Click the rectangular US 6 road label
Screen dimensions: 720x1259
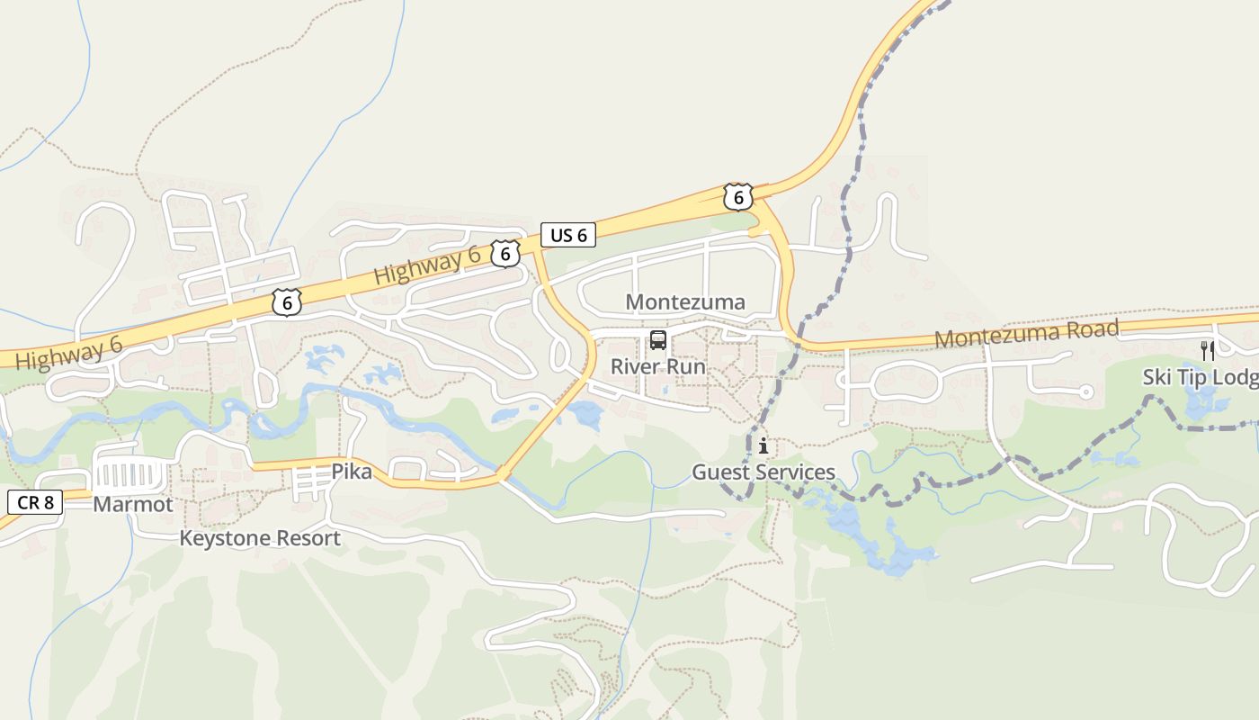pos(568,236)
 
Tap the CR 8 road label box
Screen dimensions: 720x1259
pos(35,502)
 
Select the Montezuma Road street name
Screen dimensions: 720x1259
pos(1027,334)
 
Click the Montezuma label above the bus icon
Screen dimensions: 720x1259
pos(685,302)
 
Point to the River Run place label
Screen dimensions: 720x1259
pos(658,367)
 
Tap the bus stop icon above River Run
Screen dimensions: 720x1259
pos(658,340)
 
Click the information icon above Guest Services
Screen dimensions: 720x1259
pos(763,446)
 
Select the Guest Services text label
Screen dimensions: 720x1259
pos(763,472)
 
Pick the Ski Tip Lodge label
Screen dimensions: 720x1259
pos(1201,377)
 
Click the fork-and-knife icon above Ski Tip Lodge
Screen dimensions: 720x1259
pos(1208,351)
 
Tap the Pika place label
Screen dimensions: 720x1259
pos(352,472)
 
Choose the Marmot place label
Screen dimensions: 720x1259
pos(133,505)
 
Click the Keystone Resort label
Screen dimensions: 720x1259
pos(260,539)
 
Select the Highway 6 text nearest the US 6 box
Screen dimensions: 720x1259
pos(427,265)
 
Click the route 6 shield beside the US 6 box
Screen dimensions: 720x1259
pos(506,254)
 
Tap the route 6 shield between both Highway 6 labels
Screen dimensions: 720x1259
pos(287,303)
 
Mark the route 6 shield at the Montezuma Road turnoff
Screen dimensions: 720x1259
pos(737,197)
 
